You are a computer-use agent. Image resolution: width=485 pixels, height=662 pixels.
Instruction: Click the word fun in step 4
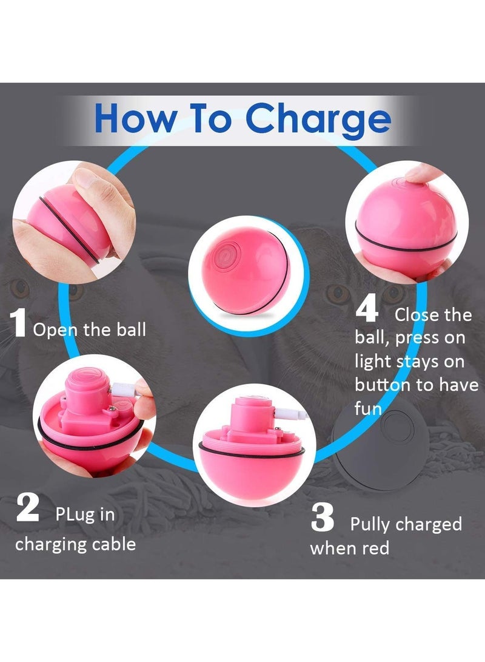(x=368, y=409)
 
